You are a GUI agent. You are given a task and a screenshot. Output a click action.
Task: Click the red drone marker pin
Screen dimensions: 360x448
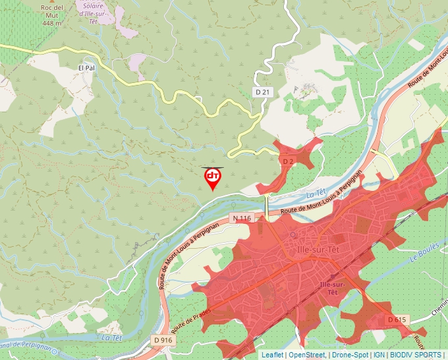213,178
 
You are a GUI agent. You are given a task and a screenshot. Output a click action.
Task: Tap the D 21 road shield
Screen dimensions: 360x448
262,92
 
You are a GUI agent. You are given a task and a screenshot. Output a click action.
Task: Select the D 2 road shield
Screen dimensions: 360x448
287,161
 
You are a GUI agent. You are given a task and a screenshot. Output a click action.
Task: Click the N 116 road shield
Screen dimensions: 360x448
242,218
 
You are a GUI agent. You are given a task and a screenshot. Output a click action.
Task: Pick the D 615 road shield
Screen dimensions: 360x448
397,319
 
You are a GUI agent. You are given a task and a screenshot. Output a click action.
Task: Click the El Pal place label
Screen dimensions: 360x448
87,68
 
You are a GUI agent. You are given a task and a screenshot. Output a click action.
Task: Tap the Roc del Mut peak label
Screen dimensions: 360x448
51,8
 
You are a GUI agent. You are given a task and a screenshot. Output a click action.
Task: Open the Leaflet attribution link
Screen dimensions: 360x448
272,355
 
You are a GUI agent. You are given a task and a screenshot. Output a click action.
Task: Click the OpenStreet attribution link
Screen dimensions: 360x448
306,355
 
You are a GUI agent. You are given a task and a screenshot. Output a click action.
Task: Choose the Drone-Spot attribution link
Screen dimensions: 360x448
350,355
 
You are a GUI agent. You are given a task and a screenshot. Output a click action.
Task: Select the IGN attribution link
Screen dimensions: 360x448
379,355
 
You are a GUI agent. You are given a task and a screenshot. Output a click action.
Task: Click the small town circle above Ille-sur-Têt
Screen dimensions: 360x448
294,234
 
